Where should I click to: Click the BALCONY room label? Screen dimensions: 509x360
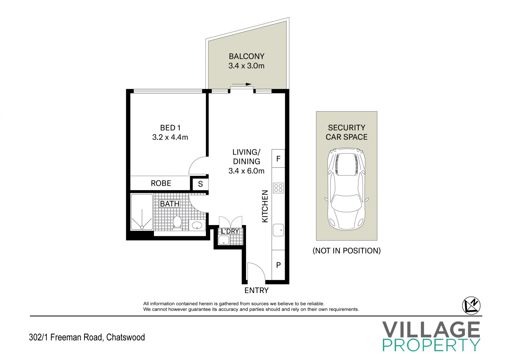[x=247, y=56]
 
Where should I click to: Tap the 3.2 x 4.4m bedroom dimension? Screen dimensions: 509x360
[x=170, y=137]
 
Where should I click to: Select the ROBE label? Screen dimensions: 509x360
[x=161, y=183]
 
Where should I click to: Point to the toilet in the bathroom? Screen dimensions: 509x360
[x=177, y=222]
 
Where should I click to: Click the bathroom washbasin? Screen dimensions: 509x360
[x=197, y=226]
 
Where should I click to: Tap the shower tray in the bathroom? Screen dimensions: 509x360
[x=142, y=212]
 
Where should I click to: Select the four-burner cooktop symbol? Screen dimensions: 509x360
[x=278, y=188]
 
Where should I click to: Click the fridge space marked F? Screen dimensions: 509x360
[x=278, y=159]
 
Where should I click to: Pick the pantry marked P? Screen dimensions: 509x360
[x=278, y=265]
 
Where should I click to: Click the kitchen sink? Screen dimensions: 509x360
[x=278, y=230]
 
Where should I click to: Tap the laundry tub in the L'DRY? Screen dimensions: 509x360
[x=224, y=240]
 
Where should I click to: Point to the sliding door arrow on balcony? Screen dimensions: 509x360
[x=242, y=84]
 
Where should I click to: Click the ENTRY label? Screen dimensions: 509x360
[x=256, y=291]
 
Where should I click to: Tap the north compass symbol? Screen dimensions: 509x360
[x=471, y=306]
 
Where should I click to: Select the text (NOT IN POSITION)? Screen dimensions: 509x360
[x=346, y=251]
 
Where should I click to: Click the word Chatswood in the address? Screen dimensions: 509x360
[x=125, y=337]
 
